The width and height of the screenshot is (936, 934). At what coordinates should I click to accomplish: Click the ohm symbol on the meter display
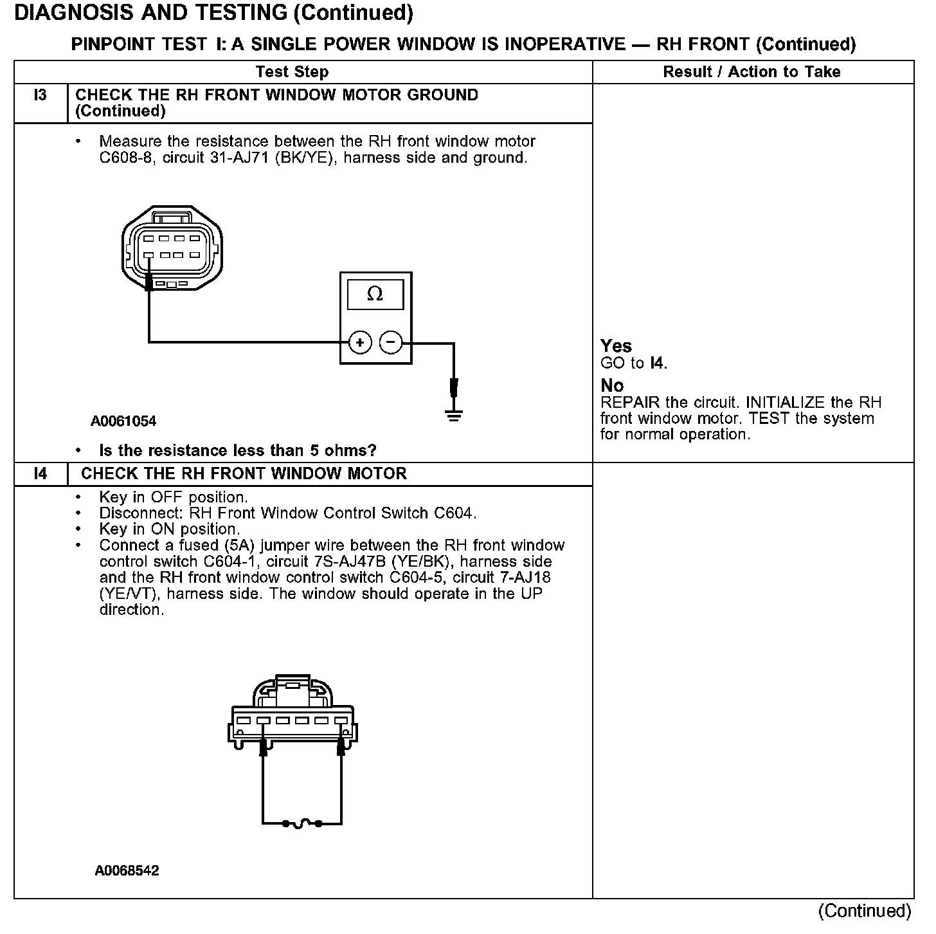point(375,295)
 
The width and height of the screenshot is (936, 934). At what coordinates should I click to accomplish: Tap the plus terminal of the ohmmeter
point(360,342)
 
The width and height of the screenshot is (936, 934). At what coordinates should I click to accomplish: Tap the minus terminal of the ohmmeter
point(391,342)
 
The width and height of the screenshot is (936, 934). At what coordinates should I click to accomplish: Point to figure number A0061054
point(123,421)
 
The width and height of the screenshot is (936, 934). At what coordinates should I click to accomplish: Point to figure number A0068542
point(127,871)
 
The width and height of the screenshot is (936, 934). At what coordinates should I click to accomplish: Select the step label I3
point(40,95)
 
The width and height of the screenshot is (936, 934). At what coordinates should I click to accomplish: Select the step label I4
point(40,474)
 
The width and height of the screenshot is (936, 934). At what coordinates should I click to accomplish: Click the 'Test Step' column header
point(292,72)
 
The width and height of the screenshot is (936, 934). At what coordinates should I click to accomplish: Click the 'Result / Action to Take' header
point(751,72)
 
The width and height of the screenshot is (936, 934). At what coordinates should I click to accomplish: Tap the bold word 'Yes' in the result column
point(616,346)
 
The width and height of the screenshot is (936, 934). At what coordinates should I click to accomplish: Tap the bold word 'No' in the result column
point(612,385)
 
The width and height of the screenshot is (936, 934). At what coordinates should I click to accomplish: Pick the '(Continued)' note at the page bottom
point(865,911)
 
